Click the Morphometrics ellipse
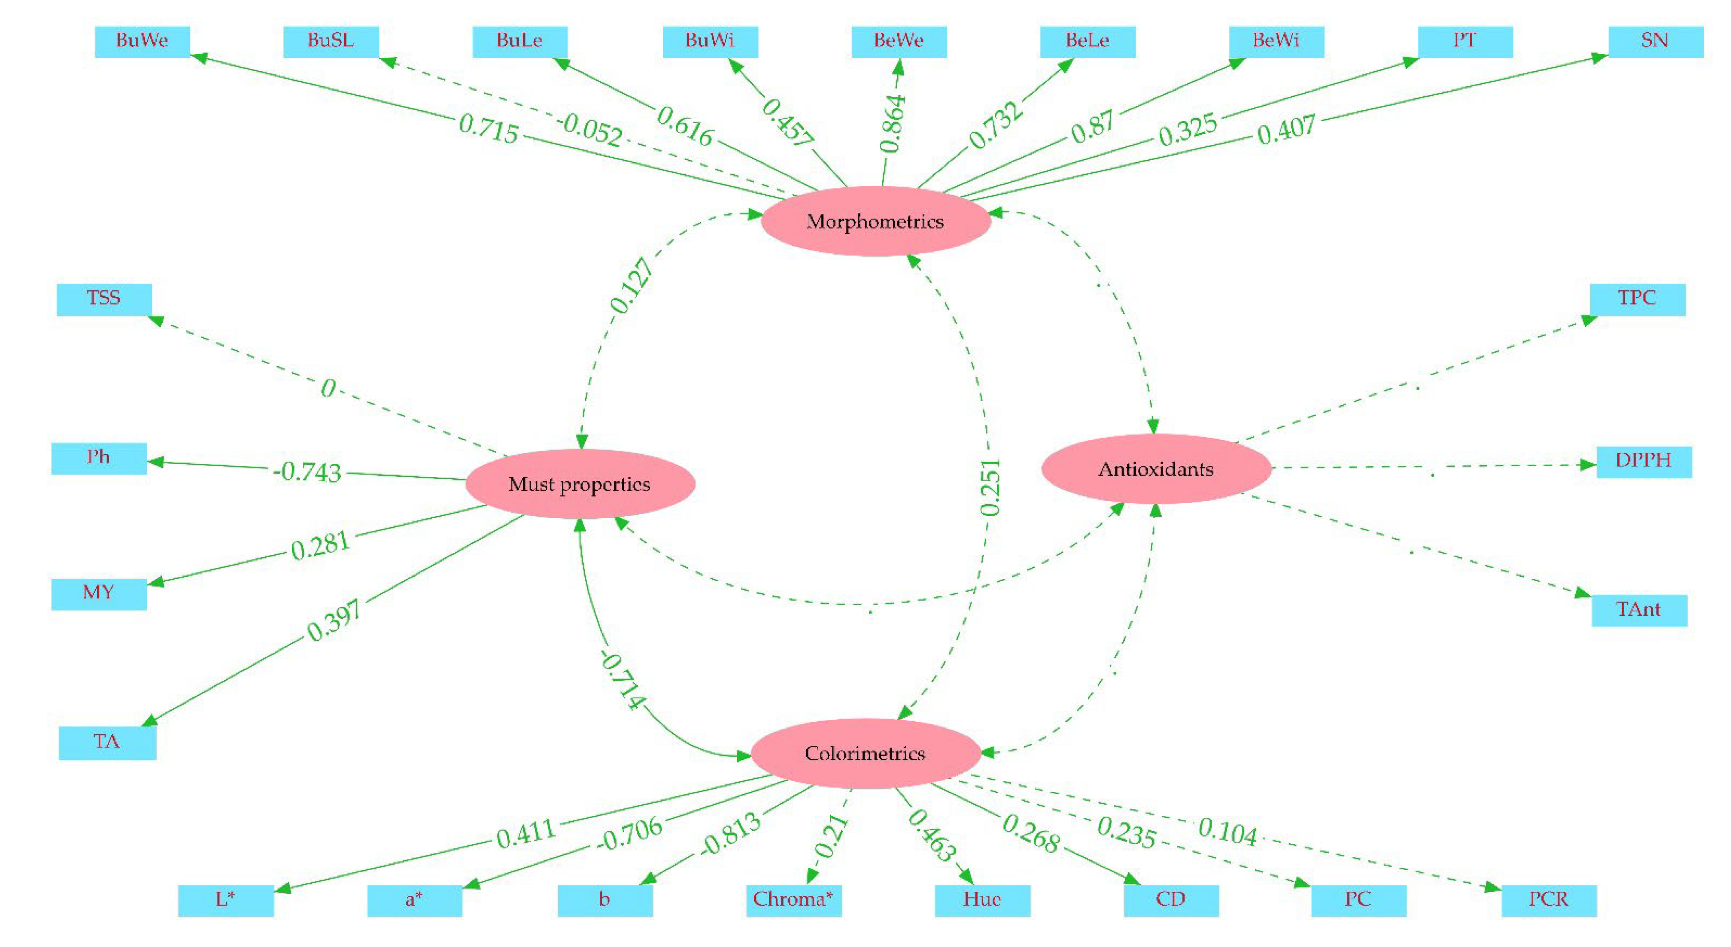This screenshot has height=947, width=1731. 875,221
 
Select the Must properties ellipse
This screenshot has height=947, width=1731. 579,484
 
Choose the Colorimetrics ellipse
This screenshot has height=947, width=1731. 865,753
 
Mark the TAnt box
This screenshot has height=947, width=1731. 1639,610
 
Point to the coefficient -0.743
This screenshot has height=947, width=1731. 307,471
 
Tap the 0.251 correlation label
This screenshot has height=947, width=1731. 990,487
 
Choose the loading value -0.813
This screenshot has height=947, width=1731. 730,834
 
